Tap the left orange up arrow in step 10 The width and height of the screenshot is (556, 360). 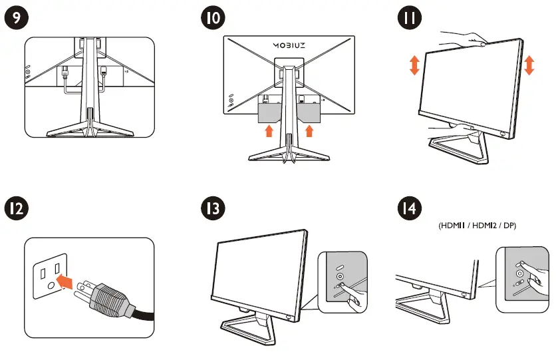pos(269,130)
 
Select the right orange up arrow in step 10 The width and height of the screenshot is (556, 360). pos(308,130)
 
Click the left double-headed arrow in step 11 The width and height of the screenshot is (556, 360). pos(414,66)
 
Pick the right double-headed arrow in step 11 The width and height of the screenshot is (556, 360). pos(529,66)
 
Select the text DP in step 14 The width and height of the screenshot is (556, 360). pos(509,226)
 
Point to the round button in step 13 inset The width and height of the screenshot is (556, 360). pos(340,275)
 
